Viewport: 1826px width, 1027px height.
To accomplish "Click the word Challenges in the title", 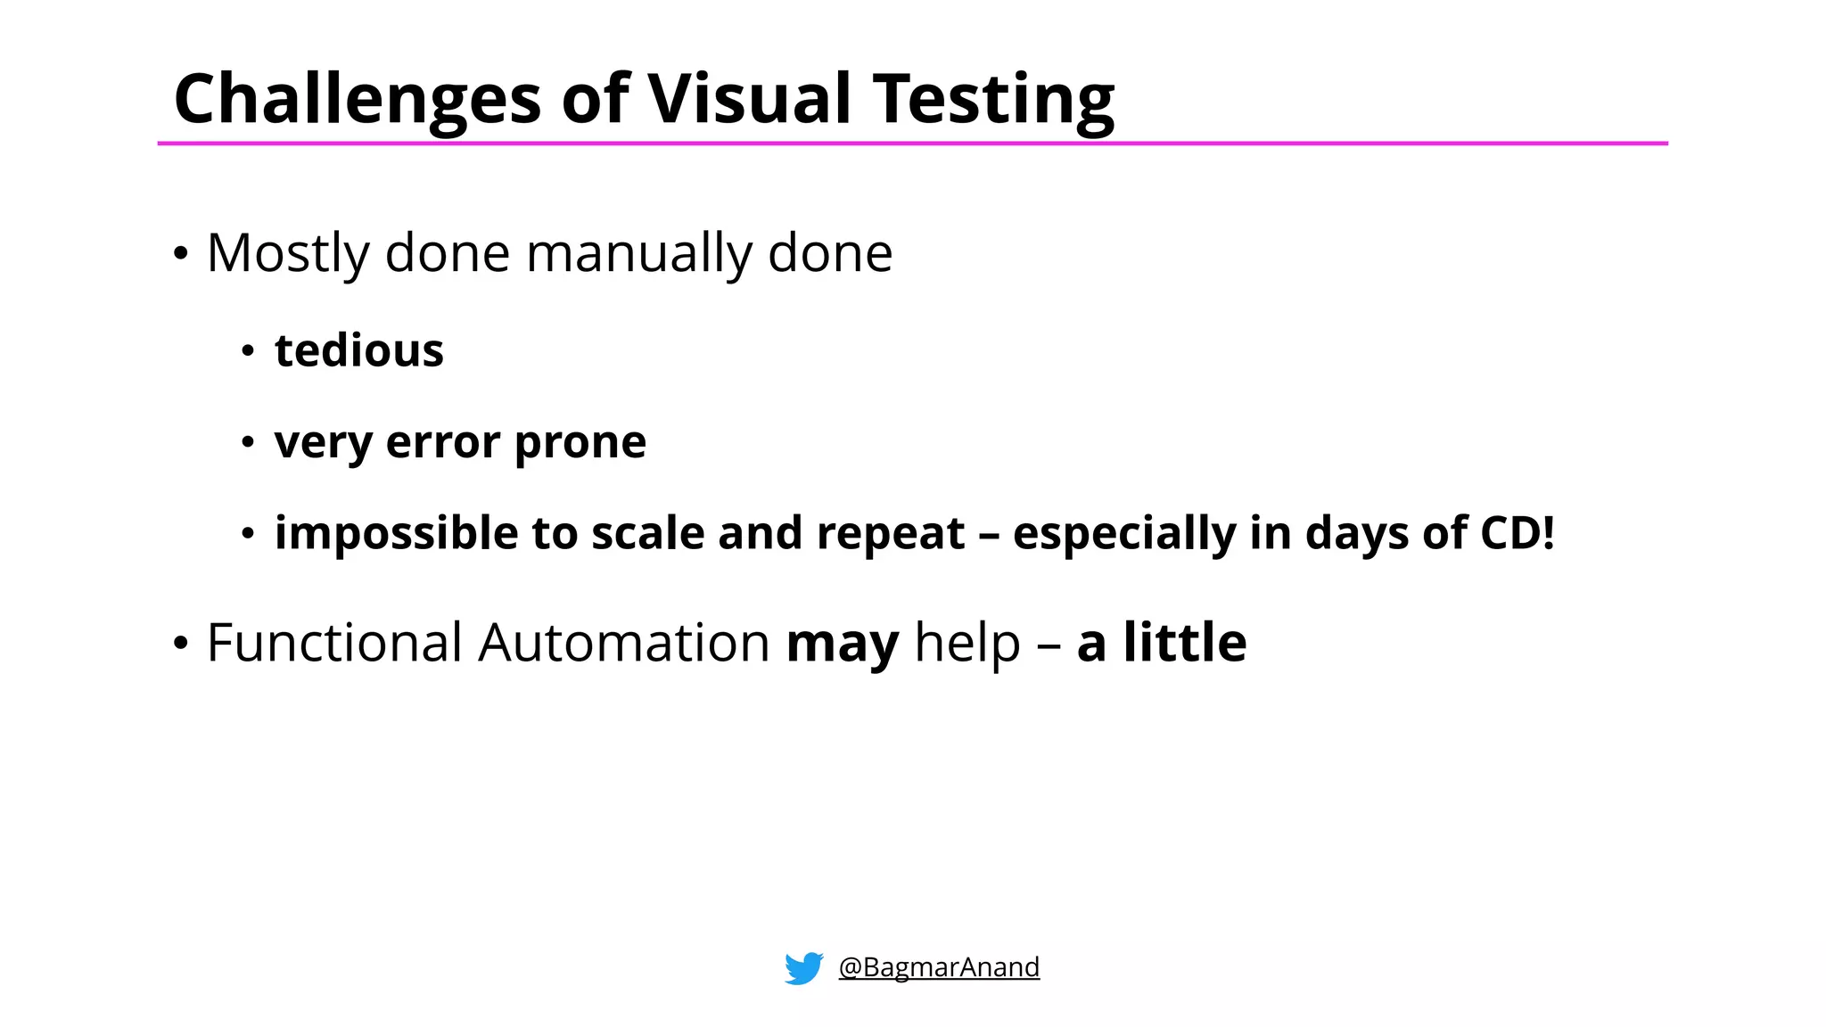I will point(357,100).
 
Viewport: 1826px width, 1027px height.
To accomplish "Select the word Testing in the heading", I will point(993,100).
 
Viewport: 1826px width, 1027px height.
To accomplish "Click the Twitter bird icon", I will point(803,968).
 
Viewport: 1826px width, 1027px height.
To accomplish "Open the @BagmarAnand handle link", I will point(938,967).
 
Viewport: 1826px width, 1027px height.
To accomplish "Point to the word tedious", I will point(358,350).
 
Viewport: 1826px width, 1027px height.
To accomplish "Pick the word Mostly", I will point(287,254).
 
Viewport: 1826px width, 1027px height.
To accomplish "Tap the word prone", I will point(580,442).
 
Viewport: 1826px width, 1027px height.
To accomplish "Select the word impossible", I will point(396,534).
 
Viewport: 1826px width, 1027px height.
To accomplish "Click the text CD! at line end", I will point(1518,533).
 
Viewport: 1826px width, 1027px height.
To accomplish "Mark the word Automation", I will point(623,643).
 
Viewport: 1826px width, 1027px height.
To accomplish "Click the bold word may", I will point(842,645).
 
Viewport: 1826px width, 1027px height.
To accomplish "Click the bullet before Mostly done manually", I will point(181,254).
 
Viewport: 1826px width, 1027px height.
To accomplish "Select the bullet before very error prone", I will point(248,442).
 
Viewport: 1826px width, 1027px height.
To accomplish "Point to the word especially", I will point(1124,534).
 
